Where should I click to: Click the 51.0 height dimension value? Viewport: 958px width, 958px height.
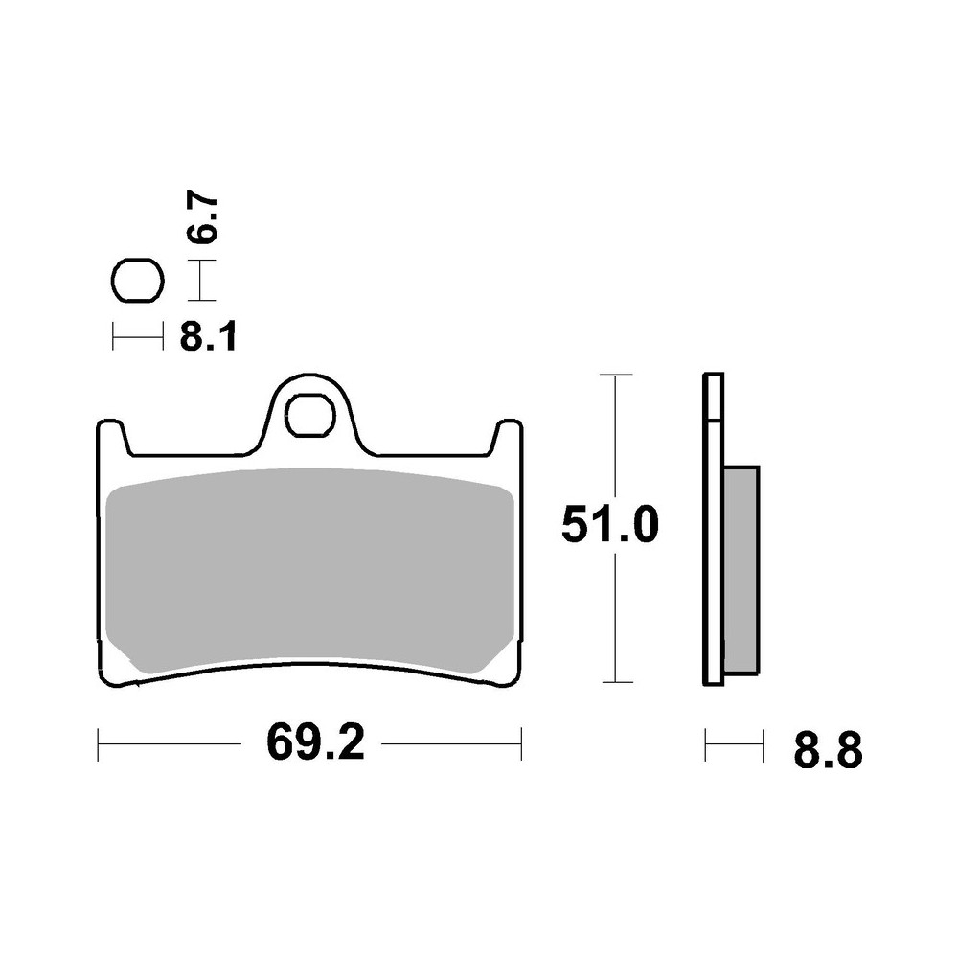coord(611,527)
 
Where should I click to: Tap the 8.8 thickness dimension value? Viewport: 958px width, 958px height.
coord(828,752)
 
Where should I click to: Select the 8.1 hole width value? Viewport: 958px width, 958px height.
coord(209,337)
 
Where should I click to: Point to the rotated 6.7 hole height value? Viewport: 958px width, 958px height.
coord(204,219)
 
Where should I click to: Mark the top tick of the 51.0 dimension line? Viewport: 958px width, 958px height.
coord(614,374)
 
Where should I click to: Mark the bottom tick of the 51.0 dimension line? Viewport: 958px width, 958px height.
coord(614,683)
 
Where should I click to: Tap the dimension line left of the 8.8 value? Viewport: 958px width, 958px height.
coord(734,743)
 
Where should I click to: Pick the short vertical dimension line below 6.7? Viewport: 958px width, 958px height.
coord(199,284)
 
